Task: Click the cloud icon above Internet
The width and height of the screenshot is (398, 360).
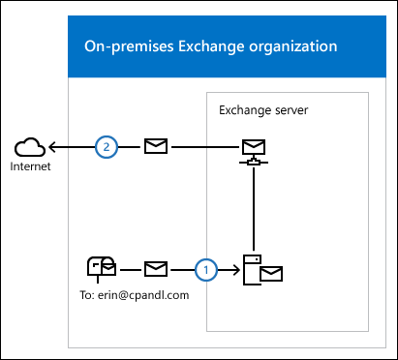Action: point(31,147)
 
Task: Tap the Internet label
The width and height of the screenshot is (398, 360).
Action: point(30,166)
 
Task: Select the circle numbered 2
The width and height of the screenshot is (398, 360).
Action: point(107,147)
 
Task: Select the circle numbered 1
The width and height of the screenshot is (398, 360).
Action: point(204,268)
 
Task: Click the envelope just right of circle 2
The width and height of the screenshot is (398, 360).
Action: point(155,147)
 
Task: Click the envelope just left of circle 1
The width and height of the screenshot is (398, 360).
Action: point(156,268)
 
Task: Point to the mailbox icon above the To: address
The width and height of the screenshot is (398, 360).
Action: point(101,268)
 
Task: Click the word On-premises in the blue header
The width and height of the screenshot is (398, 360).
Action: point(124,45)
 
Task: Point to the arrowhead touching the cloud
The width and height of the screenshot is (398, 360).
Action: point(53,147)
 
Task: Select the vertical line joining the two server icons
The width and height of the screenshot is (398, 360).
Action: point(253,208)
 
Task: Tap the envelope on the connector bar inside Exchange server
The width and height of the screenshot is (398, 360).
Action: point(253,148)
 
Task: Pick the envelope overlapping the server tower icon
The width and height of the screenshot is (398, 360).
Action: point(270,274)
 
